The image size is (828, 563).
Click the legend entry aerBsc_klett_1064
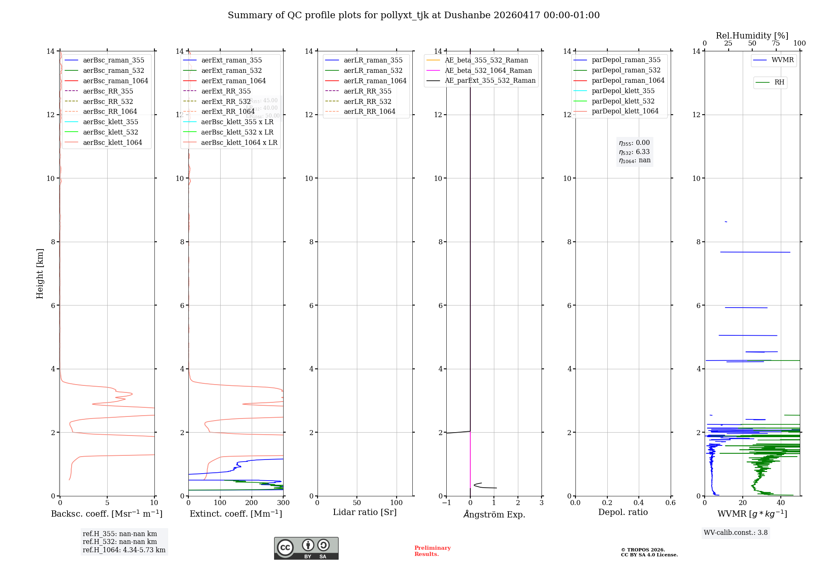[x=112, y=142]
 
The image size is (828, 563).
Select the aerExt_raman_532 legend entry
[x=231, y=70]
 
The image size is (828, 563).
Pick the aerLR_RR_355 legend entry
[x=367, y=91]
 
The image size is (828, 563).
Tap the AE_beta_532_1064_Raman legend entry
[x=488, y=70]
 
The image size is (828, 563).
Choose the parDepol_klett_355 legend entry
[x=623, y=91]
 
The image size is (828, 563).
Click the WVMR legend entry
[x=782, y=60]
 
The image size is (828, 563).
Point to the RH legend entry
[x=779, y=82]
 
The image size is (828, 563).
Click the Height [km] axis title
[x=40, y=273]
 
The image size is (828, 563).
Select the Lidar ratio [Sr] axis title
[x=365, y=512]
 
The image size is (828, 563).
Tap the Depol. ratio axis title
[x=623, y=512]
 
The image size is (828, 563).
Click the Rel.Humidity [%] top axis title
[x=752, y=36]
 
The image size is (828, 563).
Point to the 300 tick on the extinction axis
[x=283, y=503]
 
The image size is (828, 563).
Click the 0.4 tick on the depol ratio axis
[x=639, y=503]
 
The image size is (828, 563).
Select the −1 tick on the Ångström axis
[x=446, y=503]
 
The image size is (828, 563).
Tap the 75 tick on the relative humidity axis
[x=776, y=43]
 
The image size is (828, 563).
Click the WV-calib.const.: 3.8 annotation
[x=736, y=532]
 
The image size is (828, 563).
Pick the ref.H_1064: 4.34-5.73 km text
[x=124, y=550]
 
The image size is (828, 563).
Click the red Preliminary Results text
[x=432, y=551]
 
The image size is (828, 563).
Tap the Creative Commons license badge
[x=306, y=548]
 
